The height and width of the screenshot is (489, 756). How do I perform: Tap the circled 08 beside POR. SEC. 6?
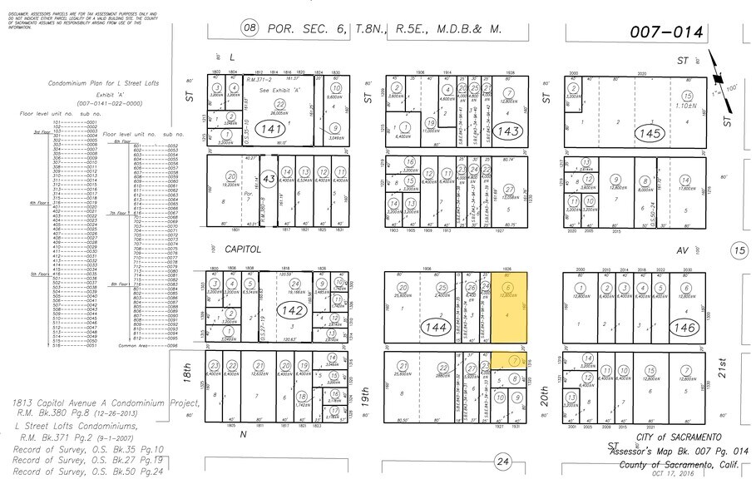(250, 28)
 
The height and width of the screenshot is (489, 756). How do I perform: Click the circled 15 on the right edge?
(739, 249)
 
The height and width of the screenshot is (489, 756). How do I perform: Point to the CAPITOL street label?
(243, 248)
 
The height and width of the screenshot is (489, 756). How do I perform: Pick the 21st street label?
(722, 367)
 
